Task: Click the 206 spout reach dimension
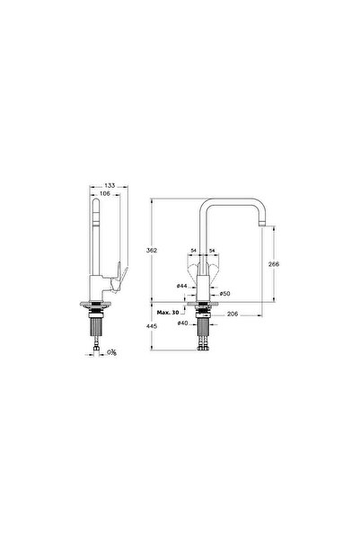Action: pyautogui.click(x=233, y=313)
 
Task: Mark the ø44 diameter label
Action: pyautogui.click(x=181, y=286)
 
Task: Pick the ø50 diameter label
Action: pyautogui.click(x=225, y=294)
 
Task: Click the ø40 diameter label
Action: pyautogui.click(x=181, y=323)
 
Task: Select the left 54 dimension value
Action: pyautogui.click(x=193, y=252)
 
